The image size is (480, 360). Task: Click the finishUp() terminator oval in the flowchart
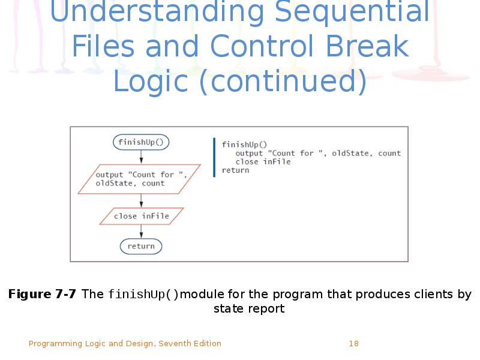(x=141, y=142)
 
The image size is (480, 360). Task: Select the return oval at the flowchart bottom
(x=141, y=246)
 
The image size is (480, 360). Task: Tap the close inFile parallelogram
(x=142, y=216)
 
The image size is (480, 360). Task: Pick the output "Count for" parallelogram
(x=139, y=179)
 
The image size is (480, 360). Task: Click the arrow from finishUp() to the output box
(x=141, y=157)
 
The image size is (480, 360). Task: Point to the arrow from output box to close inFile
(x=141, y=201)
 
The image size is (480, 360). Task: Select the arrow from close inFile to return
(x=141, y=232)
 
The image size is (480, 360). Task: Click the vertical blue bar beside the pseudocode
(x=214, y=157)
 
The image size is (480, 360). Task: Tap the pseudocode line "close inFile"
(x=263, y=161)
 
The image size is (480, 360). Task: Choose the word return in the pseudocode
(x=235, y=170)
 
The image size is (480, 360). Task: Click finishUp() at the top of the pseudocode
(x=244, y=145)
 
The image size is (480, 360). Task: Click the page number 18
(x=354, y=343)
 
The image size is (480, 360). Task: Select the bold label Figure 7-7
(x=42, y=294)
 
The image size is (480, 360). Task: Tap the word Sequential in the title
(x=352, y=12)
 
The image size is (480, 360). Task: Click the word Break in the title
(x=367, y=46)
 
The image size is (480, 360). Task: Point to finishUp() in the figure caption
(x=143, y=295)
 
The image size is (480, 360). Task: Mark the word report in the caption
(x=267, y=309)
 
